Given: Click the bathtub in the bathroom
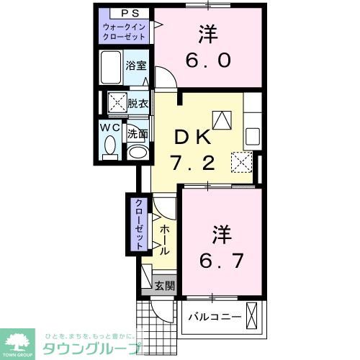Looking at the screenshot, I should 112,68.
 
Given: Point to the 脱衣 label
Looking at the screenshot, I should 138,103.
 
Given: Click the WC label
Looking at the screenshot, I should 111,128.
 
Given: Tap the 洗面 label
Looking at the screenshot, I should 138,133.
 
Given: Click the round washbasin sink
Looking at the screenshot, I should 137,152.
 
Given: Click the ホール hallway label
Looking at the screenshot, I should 166,239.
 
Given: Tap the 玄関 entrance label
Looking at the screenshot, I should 165,285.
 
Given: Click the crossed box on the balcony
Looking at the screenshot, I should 252,315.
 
